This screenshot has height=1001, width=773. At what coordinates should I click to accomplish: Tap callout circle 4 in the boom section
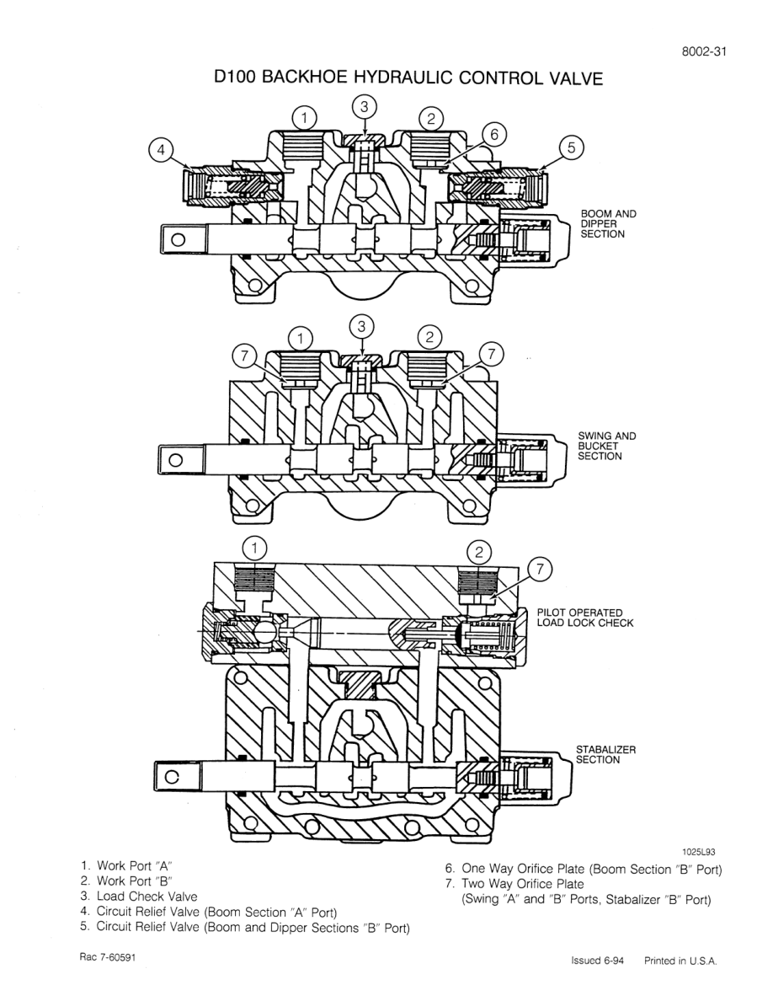click(x=159, y=150)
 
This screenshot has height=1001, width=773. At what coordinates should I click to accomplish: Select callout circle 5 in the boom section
click(x=570, y=148)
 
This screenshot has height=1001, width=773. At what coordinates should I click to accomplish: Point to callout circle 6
click(x=494, y=134)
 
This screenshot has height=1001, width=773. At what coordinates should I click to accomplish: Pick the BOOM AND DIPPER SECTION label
click(x=608, y=224)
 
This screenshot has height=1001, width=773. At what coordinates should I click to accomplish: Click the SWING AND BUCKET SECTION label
click(x=606, y=446)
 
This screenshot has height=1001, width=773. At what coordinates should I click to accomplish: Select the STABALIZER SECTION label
click(x=605, y=754)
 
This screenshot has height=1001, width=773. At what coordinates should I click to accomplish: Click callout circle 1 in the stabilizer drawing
click(x=253, y=548)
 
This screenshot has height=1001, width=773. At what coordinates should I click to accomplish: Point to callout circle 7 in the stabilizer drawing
click(x=540, y=570)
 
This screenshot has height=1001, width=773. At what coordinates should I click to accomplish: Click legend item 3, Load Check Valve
click(x=139, y=897)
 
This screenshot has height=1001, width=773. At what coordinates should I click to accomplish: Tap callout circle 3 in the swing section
click(x=362, y=324)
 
